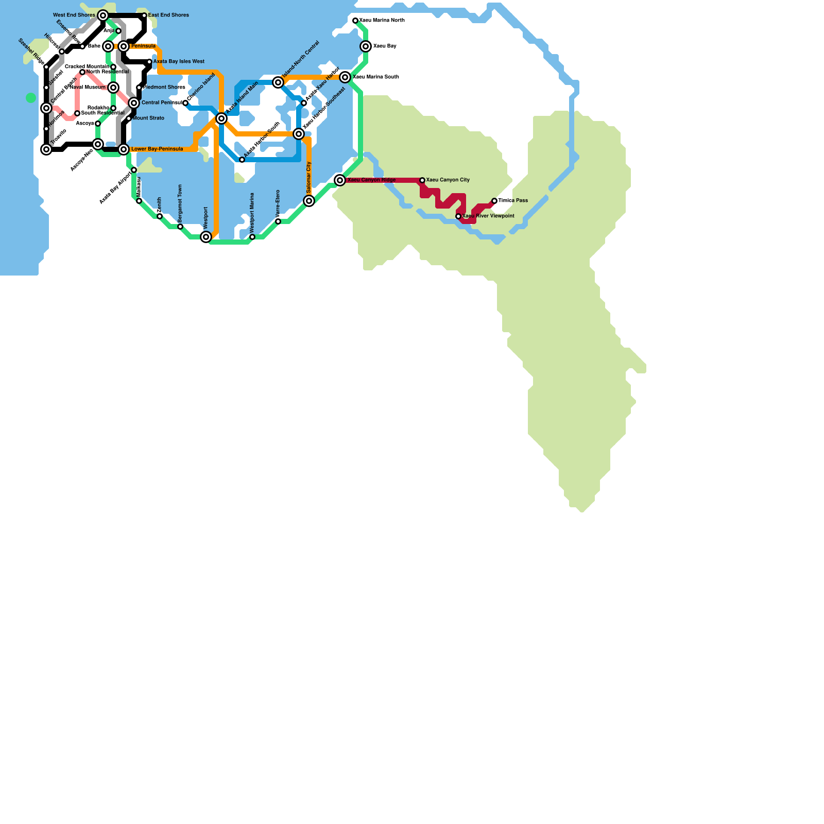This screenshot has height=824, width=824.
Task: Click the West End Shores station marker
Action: click(x=103, y=15)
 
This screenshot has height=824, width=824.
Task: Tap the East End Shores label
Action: click(x=168, y=15)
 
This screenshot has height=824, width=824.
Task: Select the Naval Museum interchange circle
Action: click(x=113, y=88)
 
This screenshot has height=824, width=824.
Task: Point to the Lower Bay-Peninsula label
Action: click(x=157, y=149)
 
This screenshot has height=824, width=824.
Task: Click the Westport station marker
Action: click(x=206, y=237)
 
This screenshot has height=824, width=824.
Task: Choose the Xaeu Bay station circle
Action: click(x=366, y=46)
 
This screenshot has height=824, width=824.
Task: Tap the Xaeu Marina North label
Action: click(x=382, y=21)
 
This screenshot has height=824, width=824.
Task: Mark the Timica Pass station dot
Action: click(x=494, y=201)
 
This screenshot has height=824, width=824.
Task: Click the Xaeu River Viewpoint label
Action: click(x=488, y=216)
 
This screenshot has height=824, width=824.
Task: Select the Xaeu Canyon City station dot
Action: click(x=422, y=180)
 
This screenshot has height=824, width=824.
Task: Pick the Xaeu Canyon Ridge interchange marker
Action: click(x=340, y=180)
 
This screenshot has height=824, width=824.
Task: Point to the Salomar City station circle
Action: click(x=309, y=201)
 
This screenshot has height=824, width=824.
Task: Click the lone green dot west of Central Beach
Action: click(x=31, y=98)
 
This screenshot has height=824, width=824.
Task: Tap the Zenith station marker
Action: click(x=160, y=216)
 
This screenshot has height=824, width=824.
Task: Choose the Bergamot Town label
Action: click(x=180, y=203)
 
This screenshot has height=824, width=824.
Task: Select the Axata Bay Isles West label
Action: click(x=179, y=62)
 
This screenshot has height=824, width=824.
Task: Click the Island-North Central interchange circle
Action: click(x=278, y=82)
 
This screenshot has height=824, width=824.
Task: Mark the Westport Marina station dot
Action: click(x=252, y=237)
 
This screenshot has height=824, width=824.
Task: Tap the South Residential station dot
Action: click(x=77, y=113)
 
